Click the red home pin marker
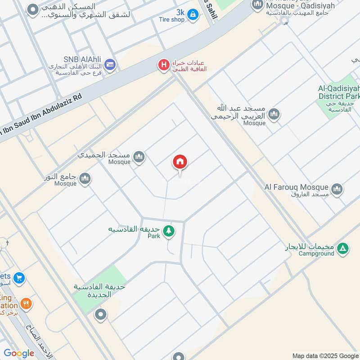tap(180, 162)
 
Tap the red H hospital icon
tap(163, 66)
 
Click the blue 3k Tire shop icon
tap(193, 15)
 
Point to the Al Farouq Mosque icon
tap(337, 189)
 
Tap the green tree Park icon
tap(169, 231)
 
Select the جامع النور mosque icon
tap(85, 179)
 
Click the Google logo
tap(19, 353)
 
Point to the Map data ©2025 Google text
tap(325, 355)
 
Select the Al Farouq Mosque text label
tap(297, 187)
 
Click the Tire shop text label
tap(171, 19)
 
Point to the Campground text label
tap(316, 253)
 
